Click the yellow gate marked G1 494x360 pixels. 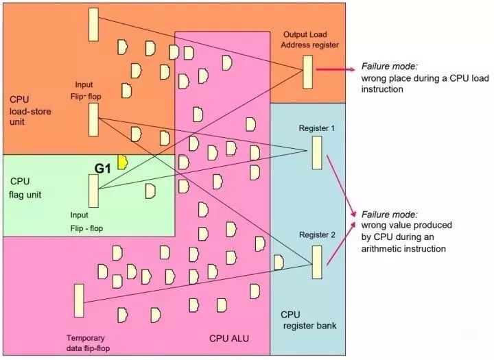tap(123, 161)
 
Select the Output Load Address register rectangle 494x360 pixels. tap(308, 71)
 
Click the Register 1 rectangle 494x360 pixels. tap(316, 152)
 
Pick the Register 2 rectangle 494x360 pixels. tap(316, 262)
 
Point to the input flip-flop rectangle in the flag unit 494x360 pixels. tap(93, 191)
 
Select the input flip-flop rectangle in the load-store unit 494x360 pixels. tap(93, 119)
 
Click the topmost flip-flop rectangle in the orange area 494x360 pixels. tap(93, 24)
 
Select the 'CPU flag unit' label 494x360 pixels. tap(26, 188)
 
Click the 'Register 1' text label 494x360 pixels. tap(316, 128)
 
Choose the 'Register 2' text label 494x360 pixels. tap(317, 235)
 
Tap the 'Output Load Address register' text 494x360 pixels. tap(310, 40)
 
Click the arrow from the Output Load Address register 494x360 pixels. tap(333, 70)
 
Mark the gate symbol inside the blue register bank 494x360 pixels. tap(279, 262)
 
